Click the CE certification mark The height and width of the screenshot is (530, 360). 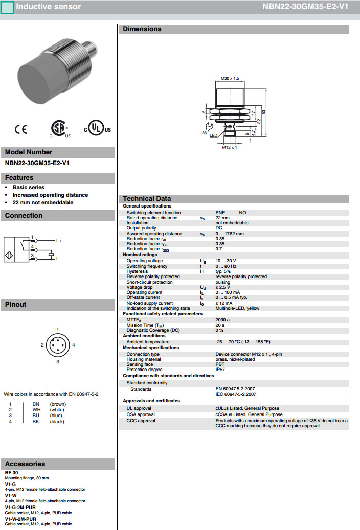(21, 130)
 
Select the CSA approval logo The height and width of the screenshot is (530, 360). (59, 129)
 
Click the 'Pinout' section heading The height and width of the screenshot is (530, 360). (16, 305)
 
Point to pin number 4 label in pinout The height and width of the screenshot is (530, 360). (74, 345)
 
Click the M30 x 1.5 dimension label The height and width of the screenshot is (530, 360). (230, 78)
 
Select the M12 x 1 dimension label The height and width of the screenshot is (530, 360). (230, 147)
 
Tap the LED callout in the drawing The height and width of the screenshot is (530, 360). (213, 136)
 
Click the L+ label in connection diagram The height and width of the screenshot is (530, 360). (59, 240)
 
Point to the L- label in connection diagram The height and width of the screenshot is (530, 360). (58, 259)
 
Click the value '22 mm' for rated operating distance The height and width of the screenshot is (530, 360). (222, 218)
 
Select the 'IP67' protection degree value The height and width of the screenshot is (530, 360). (220, 370)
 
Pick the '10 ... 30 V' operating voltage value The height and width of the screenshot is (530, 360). (226, 261)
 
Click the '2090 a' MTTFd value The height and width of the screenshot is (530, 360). (222, 320)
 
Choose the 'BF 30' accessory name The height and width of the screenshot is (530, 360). (12, 473)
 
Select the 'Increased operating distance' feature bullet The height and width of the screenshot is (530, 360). (50, 195)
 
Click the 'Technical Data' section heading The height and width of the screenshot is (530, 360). (147, 199)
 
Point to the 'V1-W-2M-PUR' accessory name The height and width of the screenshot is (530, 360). (20, 519)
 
